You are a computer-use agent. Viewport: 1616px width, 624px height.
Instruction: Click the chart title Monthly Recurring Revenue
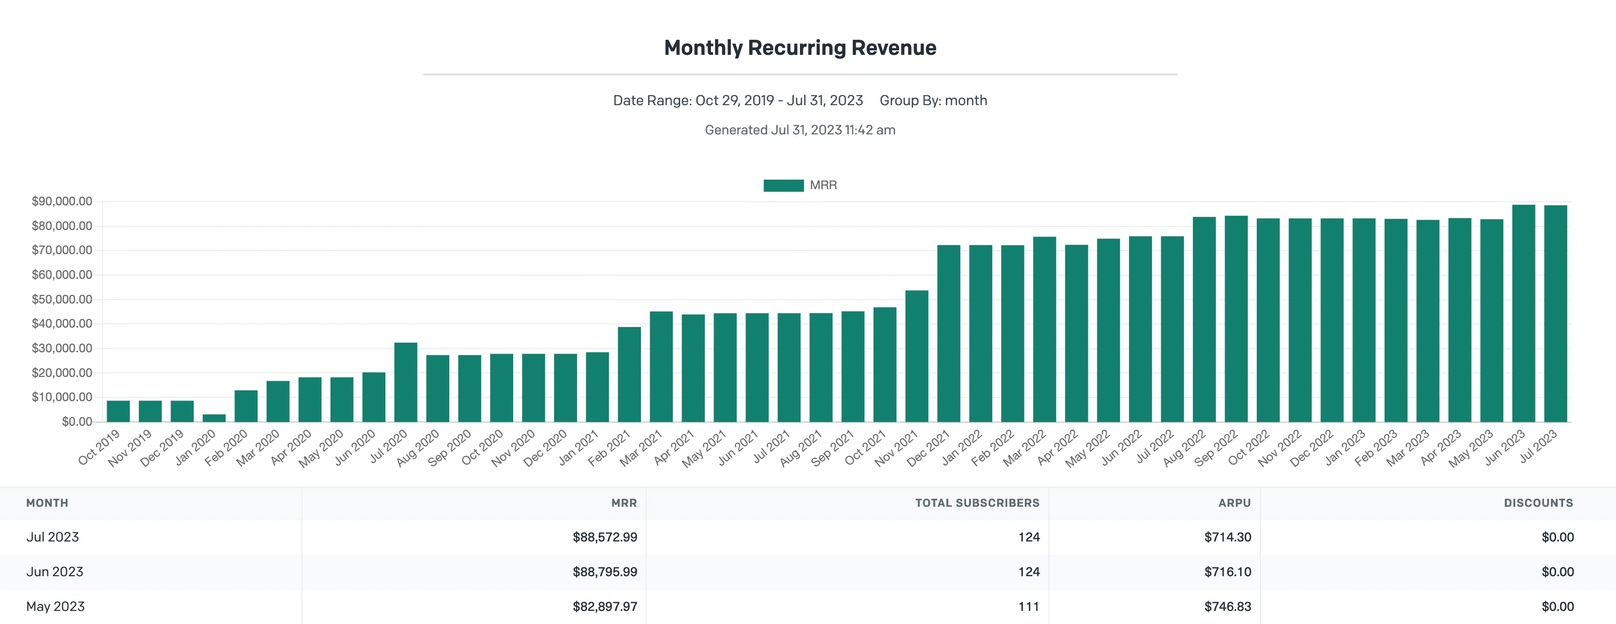[x=800, y=48]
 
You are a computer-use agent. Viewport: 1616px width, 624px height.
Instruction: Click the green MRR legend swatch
[x=783, y=185]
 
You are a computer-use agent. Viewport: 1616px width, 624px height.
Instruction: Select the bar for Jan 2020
[x=214, y=418]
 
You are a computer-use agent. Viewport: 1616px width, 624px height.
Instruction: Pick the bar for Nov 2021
[x=917, y=356]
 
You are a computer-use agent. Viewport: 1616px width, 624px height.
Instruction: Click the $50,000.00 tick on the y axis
[x=62, y=299]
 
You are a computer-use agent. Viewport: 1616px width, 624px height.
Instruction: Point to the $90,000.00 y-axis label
[x=62, y=201]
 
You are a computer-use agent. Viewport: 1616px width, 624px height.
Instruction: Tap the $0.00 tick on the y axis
[x=77, y=421]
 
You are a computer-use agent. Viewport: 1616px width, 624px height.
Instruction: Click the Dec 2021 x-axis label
[x=928, y=448]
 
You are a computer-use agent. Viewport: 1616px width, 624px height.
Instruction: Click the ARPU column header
[x=1235, y=503]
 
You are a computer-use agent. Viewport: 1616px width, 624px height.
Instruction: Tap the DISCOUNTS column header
[x=1538, y=503]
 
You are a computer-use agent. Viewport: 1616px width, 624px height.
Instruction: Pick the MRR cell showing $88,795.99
[x=605, y=572]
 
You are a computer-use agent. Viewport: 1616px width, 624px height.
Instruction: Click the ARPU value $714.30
[x=1228, y=537]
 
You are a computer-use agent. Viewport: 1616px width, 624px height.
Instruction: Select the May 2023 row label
[x=55, y=606]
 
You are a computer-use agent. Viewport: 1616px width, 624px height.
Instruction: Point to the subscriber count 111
[x=1029, y=606]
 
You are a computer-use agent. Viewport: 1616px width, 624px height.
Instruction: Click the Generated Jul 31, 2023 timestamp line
[x=800, y=130]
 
